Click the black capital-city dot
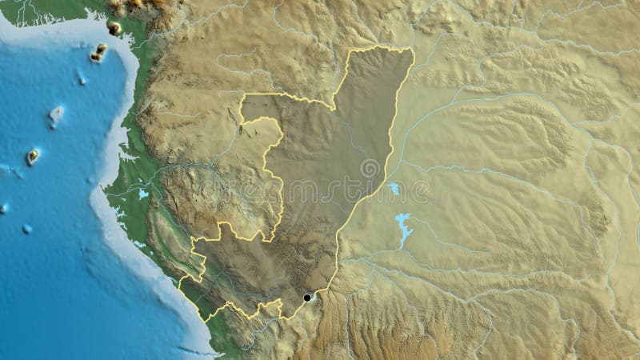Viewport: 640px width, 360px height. point(306,298)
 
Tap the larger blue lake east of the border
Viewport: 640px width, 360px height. point(402,227)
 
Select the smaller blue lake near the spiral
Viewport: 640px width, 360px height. point(394,189)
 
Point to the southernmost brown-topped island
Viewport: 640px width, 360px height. point(33,156)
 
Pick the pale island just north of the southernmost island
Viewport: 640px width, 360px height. point(55,115)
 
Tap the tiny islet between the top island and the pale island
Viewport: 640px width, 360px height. point(82,79)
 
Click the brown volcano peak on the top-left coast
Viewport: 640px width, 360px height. point(114,28)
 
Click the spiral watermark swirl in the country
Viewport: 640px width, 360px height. point(370,169)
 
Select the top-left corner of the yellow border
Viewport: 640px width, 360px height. point(242,97)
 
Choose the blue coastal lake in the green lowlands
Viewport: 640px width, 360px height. point(143,194)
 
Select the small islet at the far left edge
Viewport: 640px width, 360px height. point(3,208)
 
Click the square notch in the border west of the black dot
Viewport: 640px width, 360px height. point(274,307)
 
